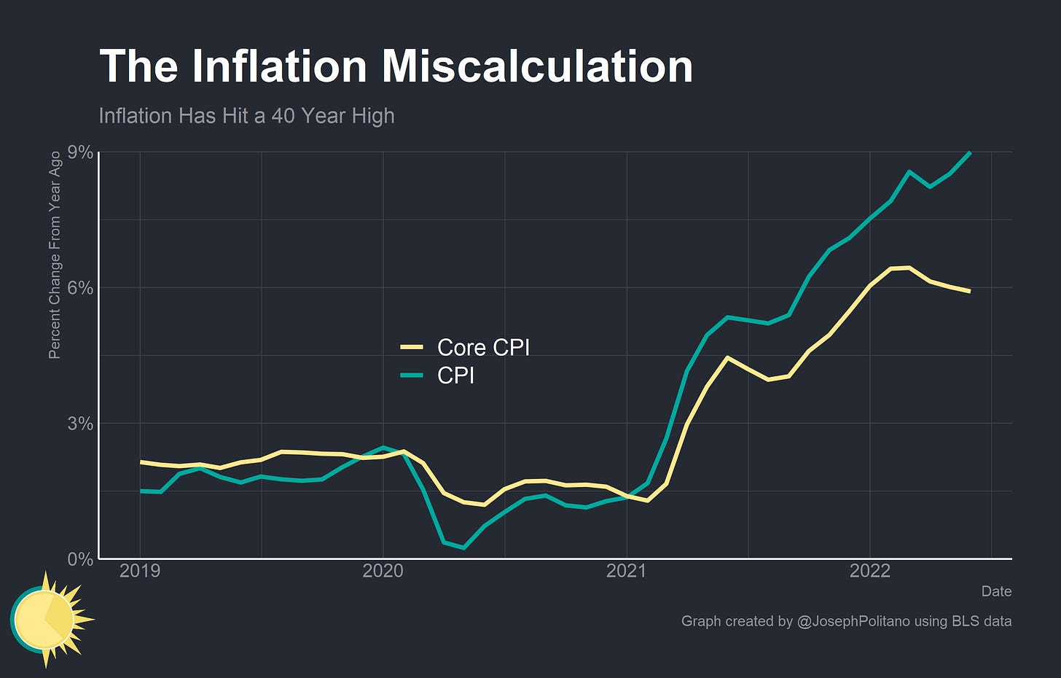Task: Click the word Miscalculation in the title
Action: [537, 66]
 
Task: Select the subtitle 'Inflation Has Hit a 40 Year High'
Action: [246, 116]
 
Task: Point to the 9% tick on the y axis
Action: [80, 152]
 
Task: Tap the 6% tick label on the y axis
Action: [80, 288]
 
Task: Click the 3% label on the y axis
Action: [80, 424]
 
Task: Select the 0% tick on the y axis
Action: [80, 559]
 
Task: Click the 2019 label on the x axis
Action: [140, 571]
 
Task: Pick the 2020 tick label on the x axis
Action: [383, 571]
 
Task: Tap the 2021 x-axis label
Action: [626, 571]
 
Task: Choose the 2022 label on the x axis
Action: [869, 571]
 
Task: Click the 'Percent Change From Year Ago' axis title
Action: [55, 255]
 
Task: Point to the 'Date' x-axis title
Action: [995, 591]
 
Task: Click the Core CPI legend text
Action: [483, 348]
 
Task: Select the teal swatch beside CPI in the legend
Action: [412, 375]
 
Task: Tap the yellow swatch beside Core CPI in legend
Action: [412, 348]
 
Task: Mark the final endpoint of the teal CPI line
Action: [970, 152]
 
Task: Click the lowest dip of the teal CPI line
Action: [464, 548]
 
